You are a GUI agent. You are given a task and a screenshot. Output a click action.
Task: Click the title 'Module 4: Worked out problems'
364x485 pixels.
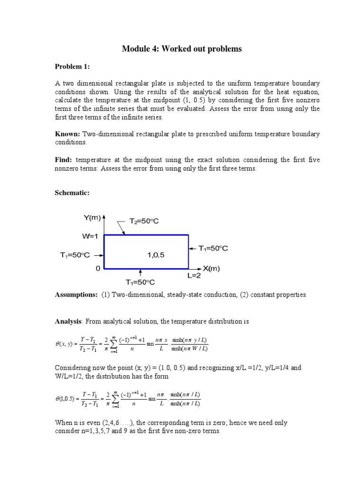point(182,49)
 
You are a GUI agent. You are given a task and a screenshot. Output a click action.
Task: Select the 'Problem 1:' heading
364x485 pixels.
point(72,66)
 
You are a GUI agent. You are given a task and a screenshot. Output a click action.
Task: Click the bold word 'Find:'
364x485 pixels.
point(64,160)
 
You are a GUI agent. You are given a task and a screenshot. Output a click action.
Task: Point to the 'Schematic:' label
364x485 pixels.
point(73,194)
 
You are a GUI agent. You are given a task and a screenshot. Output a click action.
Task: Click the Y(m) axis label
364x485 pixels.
point(92,218)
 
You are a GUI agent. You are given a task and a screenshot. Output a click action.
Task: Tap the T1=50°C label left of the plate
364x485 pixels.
point(74,255)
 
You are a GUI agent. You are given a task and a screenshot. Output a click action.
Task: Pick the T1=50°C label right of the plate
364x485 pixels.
point(213,248)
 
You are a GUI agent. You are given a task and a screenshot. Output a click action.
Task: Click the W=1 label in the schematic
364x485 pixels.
point(90,235)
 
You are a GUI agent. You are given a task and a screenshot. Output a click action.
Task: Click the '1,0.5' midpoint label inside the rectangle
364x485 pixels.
point(155,255)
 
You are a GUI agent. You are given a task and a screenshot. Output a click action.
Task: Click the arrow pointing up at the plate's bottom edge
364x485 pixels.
point(141,273)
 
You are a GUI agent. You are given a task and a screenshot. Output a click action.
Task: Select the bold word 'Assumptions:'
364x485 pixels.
point(76,295)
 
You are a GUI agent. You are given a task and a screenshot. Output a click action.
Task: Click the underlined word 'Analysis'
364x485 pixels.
point(68,322)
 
